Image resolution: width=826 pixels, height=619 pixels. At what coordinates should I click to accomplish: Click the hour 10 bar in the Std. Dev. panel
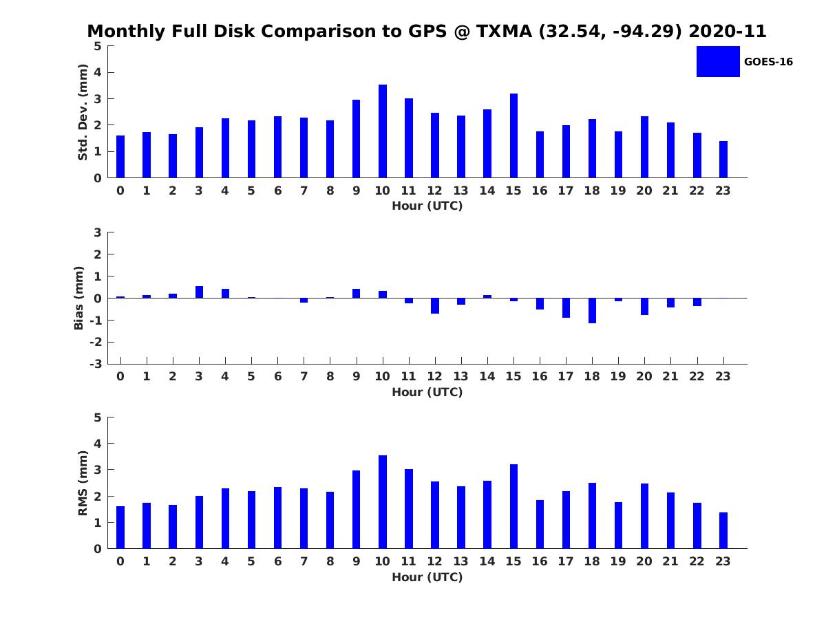(383, 131)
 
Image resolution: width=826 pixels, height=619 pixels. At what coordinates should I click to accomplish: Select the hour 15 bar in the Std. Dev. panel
(513, 135)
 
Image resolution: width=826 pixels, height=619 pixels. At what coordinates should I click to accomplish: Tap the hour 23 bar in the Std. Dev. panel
(723, 160)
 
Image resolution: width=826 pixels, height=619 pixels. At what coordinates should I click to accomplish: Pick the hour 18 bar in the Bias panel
(592, 310)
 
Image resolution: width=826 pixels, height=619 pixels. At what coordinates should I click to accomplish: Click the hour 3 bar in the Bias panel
(199, 292)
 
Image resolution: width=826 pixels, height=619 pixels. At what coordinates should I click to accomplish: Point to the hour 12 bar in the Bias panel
(435, 305)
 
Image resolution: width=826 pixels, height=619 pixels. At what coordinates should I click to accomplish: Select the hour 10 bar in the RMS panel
(383, 502)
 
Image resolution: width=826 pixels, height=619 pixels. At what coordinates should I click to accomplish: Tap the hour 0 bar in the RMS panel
(120, 528)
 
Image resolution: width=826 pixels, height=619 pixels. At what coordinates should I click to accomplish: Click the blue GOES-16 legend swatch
(718, 62)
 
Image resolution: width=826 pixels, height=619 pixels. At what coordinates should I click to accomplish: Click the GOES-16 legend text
(768, 62)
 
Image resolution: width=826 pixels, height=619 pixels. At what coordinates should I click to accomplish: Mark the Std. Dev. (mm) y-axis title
(83, 112)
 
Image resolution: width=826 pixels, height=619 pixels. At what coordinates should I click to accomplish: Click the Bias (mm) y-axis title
(79, 298)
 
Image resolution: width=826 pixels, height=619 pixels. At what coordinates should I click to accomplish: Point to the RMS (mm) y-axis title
(83, 483)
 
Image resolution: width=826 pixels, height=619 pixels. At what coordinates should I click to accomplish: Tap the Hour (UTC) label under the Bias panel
(427, 392)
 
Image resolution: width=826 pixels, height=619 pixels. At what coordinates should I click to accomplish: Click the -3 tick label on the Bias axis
(97, 364)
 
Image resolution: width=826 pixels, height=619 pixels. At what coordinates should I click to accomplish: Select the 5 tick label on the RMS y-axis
(98, 417)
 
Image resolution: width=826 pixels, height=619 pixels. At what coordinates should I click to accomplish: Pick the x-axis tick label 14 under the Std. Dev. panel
(487, 191)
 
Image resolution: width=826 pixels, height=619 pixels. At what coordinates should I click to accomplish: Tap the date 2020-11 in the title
(727, 32)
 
